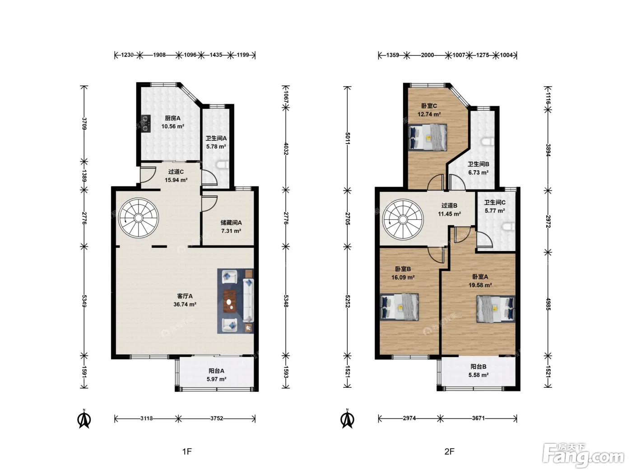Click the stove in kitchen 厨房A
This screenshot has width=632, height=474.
146,123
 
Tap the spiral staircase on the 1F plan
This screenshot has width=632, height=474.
139,218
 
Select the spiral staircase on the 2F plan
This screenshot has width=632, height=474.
403,220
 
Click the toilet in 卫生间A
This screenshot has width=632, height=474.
222,165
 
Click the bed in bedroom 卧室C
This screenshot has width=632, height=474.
428,137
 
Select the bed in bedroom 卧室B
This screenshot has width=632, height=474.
400,307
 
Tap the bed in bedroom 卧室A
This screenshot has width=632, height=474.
496,309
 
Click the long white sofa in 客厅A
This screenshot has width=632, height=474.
248,300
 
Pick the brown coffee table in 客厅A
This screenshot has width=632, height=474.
230,301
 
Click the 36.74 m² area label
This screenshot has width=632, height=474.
185,304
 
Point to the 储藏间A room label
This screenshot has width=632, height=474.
231,223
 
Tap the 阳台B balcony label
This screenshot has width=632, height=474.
479,367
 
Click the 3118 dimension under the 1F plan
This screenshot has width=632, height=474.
147,418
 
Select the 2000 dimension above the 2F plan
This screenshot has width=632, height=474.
428,55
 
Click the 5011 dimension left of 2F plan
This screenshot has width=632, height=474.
348,138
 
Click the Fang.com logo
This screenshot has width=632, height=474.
583,455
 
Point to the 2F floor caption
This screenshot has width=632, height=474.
450,451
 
